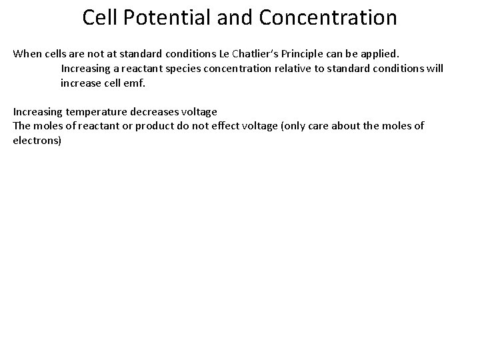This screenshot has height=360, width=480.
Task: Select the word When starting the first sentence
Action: tap(27, 53)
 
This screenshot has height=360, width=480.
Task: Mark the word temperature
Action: tap(95, 111)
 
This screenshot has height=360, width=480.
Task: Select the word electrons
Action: tap(35, 141)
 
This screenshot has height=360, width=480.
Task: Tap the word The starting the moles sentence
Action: tap(22, 125)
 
